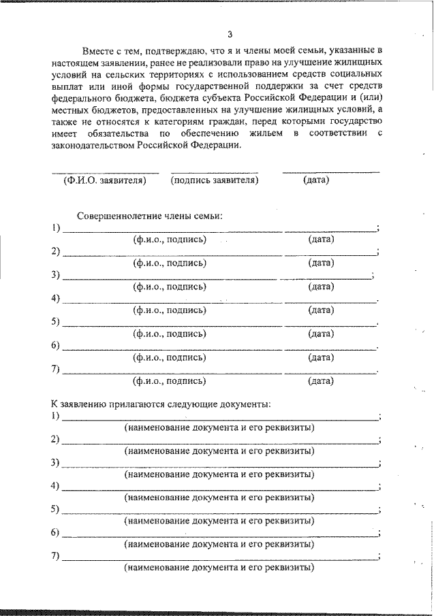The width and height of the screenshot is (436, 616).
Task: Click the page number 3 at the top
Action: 230,33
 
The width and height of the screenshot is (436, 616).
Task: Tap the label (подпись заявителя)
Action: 215,180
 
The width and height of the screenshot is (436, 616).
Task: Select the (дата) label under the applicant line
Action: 315,180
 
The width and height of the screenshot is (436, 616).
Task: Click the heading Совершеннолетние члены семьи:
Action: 150,215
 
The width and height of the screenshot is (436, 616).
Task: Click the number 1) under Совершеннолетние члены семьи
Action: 56,227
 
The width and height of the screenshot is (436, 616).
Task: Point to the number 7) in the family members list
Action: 56,370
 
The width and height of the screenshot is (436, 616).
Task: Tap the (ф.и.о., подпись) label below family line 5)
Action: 170,334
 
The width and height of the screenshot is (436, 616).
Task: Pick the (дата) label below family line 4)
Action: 321,310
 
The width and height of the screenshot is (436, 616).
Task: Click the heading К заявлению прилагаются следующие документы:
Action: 161,404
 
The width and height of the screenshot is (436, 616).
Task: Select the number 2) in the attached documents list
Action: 56,439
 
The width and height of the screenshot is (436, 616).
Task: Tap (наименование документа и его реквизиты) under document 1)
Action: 219,427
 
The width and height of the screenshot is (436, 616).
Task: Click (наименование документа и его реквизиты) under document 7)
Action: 219,566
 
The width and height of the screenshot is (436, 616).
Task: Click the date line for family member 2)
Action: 330,254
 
